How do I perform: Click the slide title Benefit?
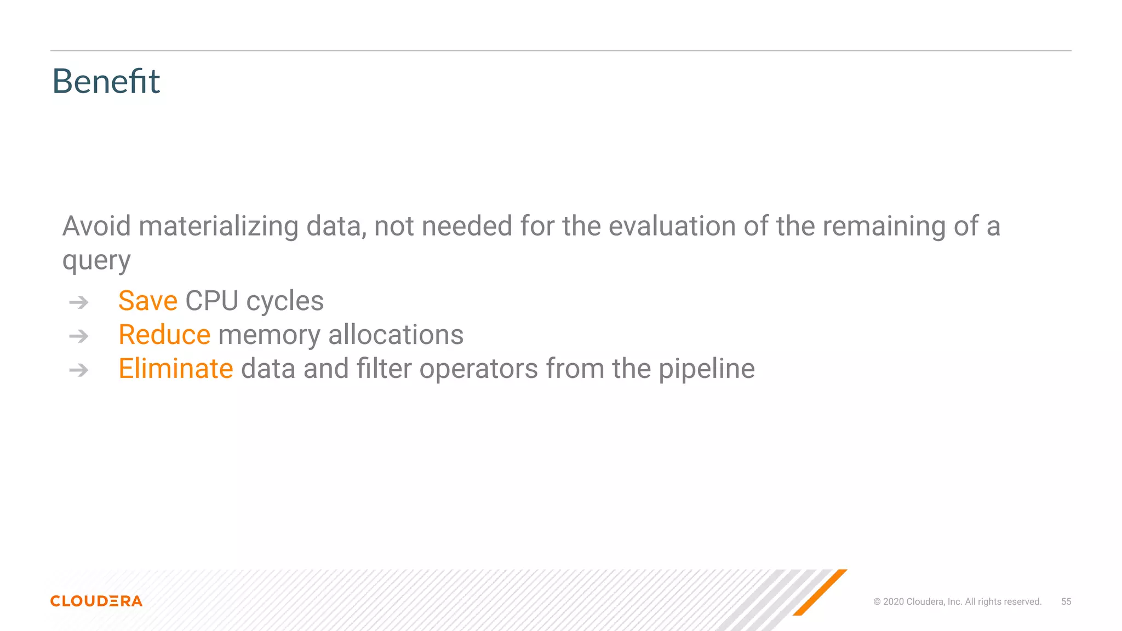[106, 82]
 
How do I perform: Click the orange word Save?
[148, 301]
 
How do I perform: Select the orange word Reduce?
[164, 335]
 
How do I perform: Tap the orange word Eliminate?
[176, 369]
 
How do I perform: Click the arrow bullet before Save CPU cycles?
[79, 302]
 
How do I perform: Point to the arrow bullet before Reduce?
[79, 336]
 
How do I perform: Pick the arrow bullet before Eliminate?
[79, 370]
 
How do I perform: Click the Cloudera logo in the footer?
[96, 601]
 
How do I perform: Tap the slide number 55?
[1066, 601]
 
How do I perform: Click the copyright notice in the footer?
[957, 601]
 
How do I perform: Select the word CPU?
[211, 301]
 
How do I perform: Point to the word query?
[96, 261]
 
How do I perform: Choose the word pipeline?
[706, 369]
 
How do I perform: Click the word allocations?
[396, 335]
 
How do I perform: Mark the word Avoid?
[96, 226]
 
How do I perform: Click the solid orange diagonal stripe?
[820, 593]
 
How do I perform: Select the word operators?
[478, 369]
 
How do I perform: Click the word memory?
[269, 336]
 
